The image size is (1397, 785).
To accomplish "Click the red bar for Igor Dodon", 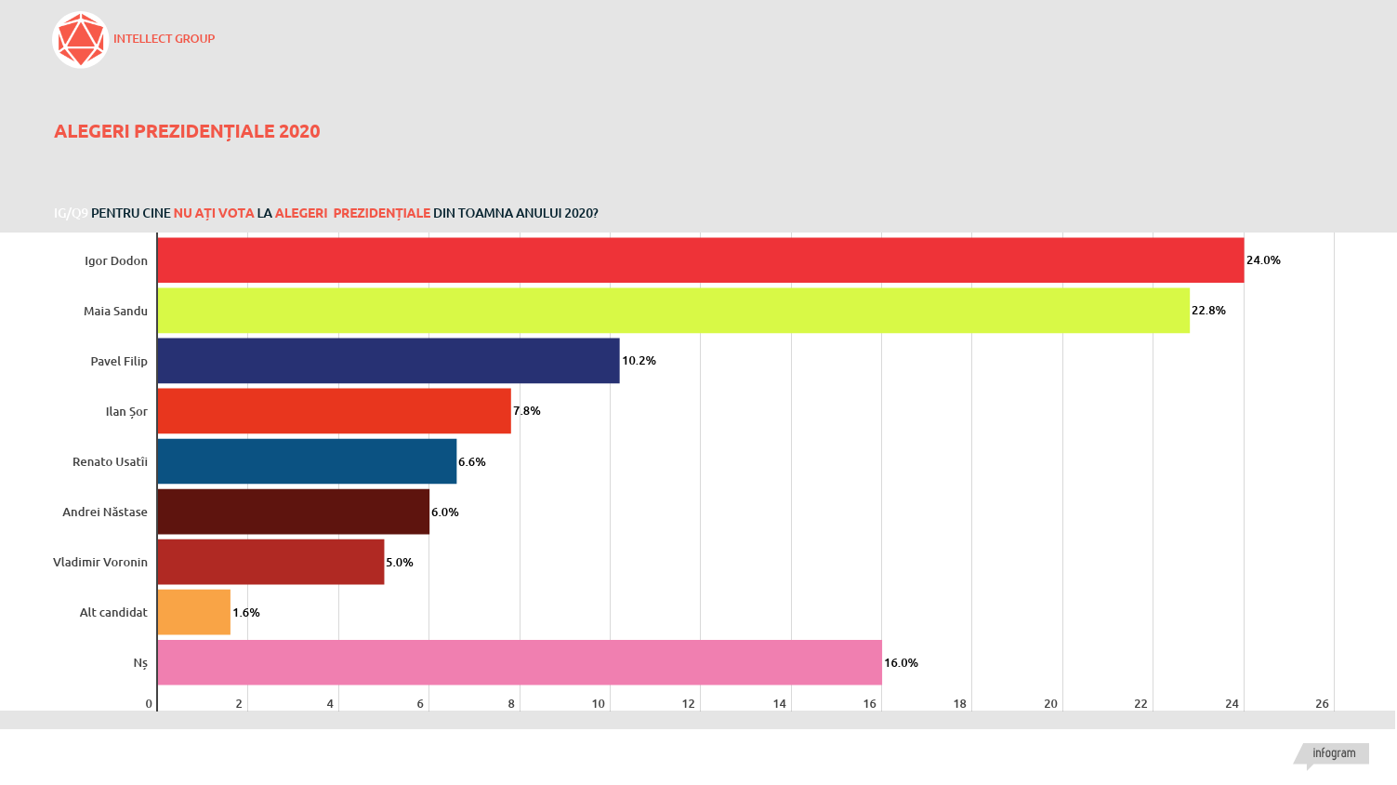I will point(700,260).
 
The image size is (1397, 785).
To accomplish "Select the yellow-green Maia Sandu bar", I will point(673,311).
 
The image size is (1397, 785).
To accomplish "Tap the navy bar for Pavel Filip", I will point(389,361).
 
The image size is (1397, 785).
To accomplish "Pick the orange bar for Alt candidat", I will point(194,612).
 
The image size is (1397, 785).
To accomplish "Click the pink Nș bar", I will point(520,662).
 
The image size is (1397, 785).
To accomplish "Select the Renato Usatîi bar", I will point(307,461).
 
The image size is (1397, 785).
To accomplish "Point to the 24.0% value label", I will point(1263,260).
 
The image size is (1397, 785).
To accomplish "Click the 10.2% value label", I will point(639,361).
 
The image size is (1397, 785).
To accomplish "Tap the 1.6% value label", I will point(246,613).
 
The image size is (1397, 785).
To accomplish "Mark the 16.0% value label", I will point(901,663).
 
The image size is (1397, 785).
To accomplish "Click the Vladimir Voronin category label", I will point(100,563).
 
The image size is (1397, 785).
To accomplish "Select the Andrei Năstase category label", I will point(105,512).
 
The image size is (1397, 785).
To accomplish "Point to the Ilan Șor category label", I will point(126,412).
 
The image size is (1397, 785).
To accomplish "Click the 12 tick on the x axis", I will point(688,704).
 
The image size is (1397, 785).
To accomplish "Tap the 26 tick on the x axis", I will point(1322,704).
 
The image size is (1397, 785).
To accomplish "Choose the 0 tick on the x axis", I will point(149,704).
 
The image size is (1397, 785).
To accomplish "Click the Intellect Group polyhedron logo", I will point(81,40).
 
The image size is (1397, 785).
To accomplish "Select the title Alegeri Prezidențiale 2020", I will point(187,132).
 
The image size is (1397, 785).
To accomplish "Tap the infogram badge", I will point(1334,753).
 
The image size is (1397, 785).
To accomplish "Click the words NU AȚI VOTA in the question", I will point(214,213).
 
